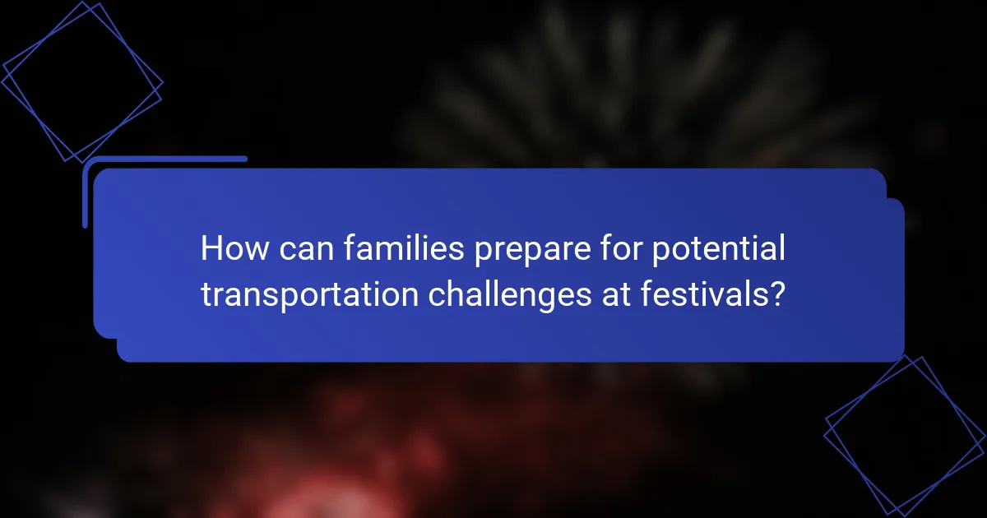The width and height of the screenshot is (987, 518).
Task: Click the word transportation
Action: click(x=309, y=294)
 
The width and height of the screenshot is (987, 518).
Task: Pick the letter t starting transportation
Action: click(x=206, y=294)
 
